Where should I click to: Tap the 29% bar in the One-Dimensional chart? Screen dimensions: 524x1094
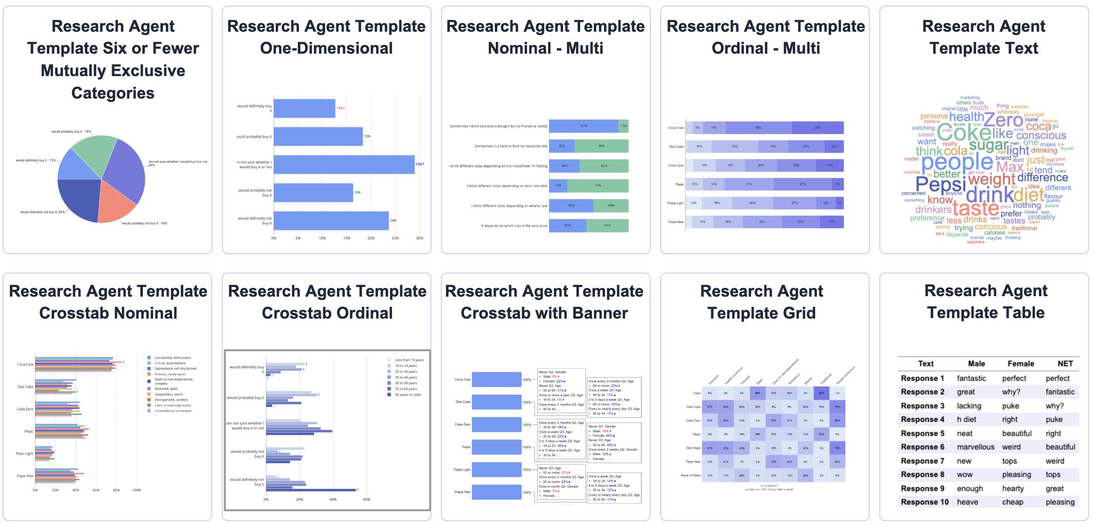click(344, 164)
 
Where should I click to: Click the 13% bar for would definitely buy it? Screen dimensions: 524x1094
click(304, 108)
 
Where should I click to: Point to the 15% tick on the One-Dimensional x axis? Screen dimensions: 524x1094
click(347, 238)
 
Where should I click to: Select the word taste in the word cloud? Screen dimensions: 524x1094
click(976, 209)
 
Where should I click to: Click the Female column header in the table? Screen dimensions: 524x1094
click(1020, 363)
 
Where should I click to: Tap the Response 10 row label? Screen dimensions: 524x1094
click(924, 502)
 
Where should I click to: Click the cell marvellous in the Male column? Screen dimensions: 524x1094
click(975, 447)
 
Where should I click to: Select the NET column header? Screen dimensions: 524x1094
click(1065, 363)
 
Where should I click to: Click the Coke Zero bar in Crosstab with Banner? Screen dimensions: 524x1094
click(496, 424)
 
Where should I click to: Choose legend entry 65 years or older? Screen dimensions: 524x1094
click(408, 395)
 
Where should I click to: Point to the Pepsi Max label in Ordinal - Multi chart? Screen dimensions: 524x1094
click(676, 222)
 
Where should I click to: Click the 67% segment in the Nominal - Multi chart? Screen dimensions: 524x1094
click(584, 126)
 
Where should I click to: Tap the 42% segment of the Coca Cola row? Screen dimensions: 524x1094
click(758, 128)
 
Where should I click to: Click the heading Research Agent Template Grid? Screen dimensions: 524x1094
click(761, 302)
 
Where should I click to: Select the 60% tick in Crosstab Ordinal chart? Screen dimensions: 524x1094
click(367, 499)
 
